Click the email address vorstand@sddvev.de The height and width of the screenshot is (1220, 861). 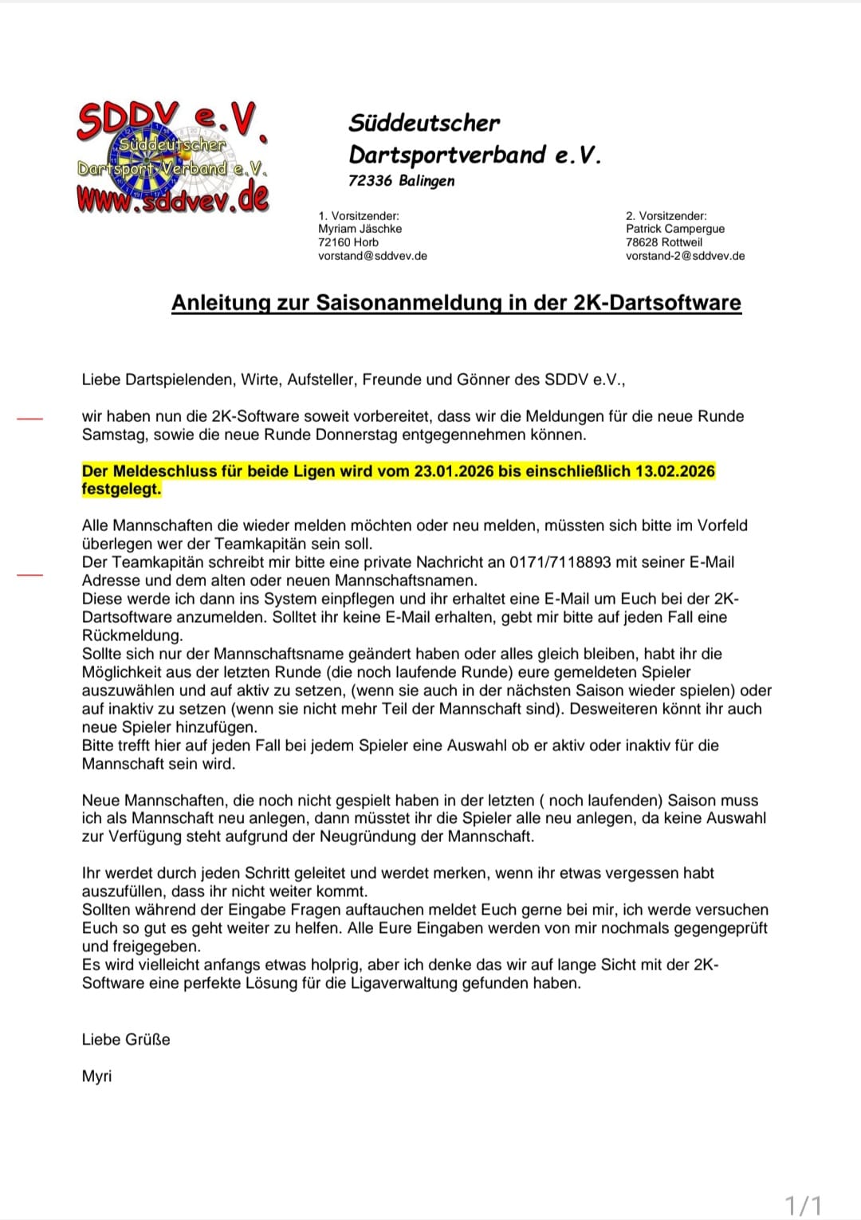coord(372,256)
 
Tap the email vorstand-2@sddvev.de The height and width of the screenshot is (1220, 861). coord(685,256)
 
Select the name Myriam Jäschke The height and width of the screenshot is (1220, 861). coord(360,229)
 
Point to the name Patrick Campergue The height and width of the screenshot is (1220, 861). coord(674,229)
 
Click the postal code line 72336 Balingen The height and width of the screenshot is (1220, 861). coord(401,181)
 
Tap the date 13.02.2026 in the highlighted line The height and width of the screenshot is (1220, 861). coord(674,471)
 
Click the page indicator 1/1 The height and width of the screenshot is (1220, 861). coord(803,1204)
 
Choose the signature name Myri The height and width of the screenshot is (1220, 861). coord(96,1076)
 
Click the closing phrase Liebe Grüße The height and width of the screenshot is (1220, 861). coord(126,1040)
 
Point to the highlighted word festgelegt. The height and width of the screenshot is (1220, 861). coord(121,490)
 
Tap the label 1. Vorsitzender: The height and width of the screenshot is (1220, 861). coord(358,216)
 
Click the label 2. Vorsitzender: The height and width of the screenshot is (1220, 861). coord(666,216)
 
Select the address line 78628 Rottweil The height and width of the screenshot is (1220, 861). coord(663,242)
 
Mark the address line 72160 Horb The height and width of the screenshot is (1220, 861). coord(348,242)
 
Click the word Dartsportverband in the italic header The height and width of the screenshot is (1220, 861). coord(447,155)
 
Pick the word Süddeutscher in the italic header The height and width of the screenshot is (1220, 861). coord(424,123)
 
